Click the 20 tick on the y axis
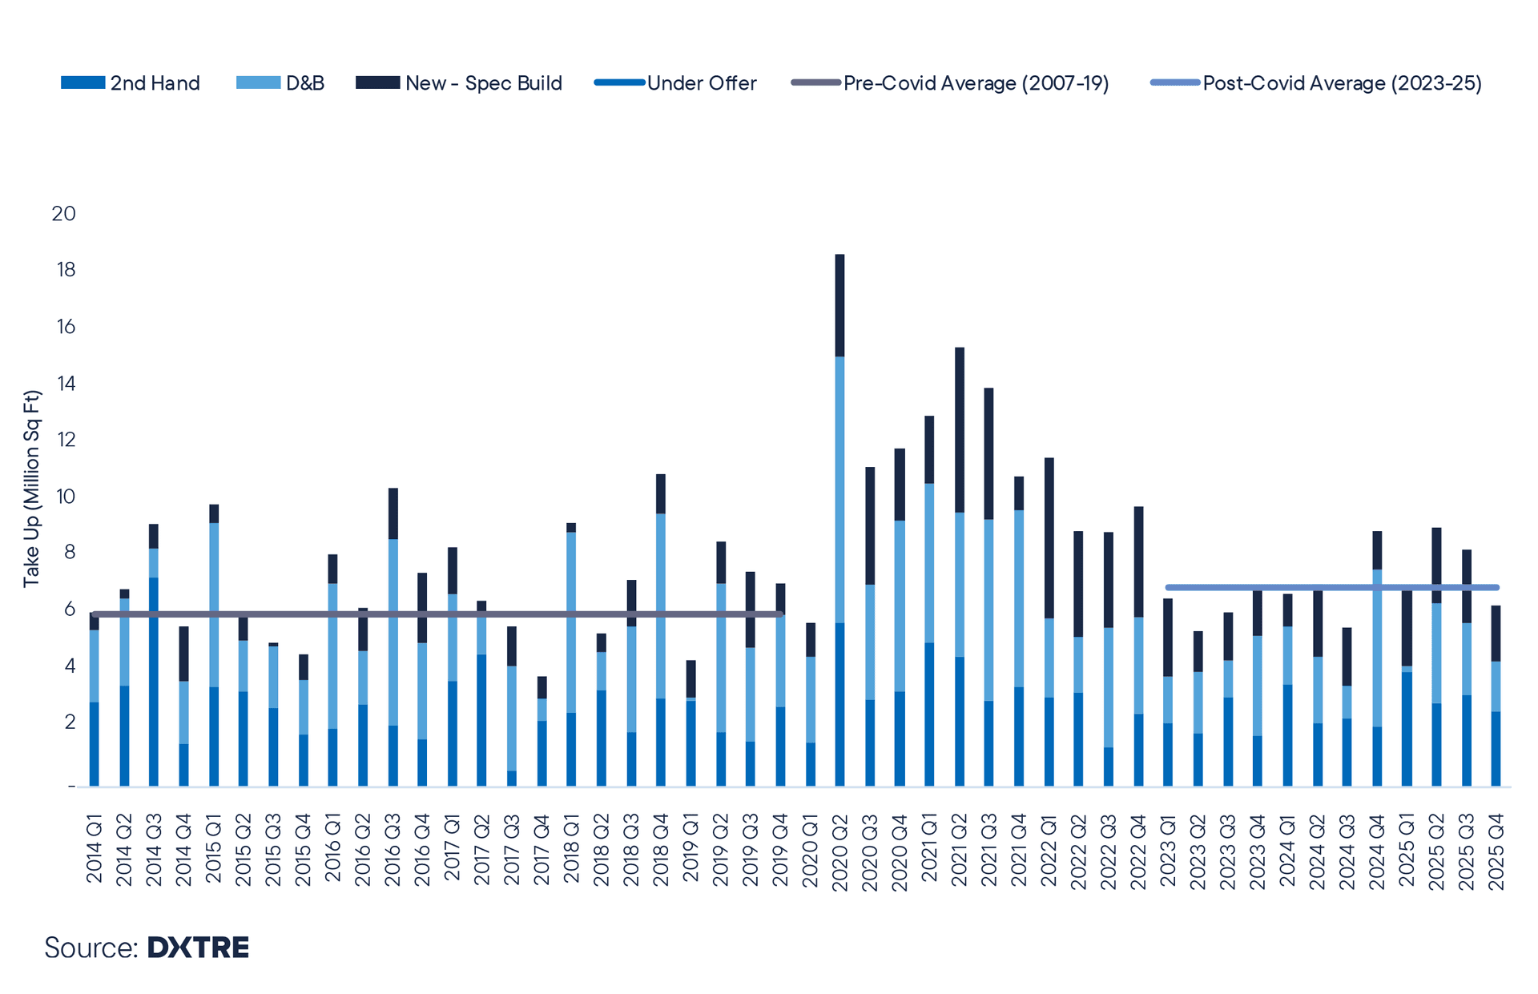click(64, 214)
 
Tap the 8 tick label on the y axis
click(67, 553)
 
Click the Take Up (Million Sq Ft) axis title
click(31, 489)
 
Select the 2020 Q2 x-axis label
click(840, 851)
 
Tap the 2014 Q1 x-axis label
click(95, 849)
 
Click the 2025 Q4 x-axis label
click(1496, 851)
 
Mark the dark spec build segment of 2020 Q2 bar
click(839, 305)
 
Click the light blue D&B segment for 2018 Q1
click(571, 622)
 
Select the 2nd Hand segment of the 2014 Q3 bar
click(154, 682)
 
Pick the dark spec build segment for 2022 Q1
click(1049, 537)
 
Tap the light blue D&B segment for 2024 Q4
click(1377, 648)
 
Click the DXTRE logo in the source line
click(198, 948)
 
